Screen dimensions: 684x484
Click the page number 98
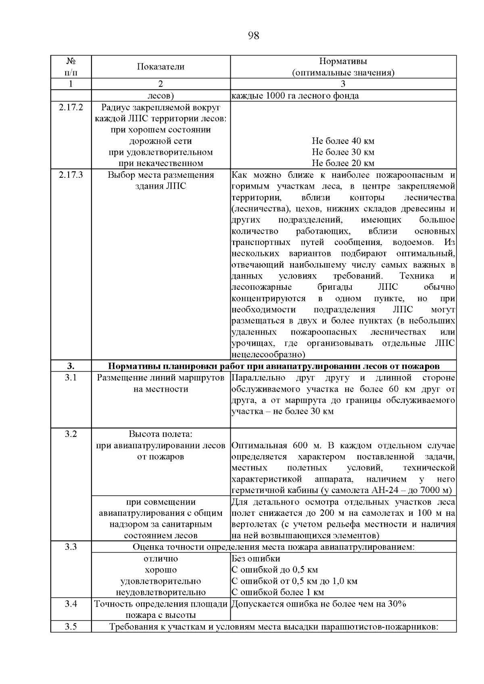coord(253,36)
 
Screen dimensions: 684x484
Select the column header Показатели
coord(161,67)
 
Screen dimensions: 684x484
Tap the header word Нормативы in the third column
coord(343,61)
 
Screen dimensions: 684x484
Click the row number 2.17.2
coord(71,107)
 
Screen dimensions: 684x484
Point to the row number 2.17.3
coord(71,175)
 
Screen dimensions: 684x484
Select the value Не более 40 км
coord(343,141)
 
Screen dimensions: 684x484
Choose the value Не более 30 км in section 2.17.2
coord(343,152)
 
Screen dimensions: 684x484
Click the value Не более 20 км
coord(343,163)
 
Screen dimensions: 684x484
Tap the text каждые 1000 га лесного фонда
coord(295,96)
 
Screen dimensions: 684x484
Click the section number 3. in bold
coord(71,366)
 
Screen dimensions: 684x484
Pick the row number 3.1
coord(71,378)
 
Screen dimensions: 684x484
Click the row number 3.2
coord(71,434)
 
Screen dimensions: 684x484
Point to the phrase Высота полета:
coord(161,434)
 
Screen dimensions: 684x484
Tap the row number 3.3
coord(71,547)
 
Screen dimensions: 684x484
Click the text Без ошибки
coord(256,559)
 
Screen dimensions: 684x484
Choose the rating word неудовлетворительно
coord(161,593)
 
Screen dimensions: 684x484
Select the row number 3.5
coord(71,627)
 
